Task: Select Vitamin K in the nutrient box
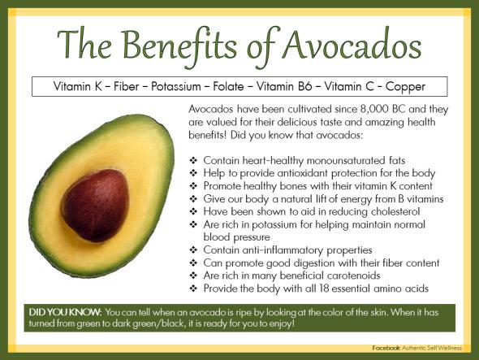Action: (79, 85)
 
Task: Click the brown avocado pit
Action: (95, 204)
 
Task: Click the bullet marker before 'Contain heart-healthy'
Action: (192, 161)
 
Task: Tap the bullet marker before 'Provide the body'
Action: (192, 288)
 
